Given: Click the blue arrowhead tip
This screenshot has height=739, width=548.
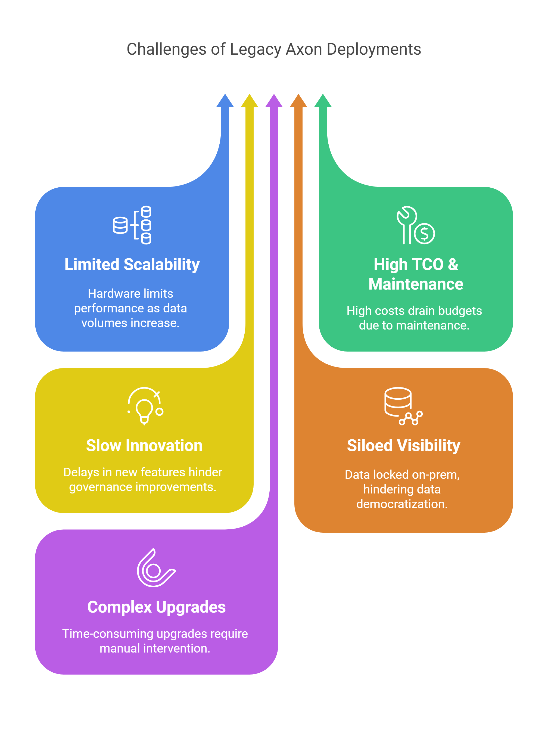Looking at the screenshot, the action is (225, 94).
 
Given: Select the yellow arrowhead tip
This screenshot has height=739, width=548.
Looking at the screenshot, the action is (250, 94).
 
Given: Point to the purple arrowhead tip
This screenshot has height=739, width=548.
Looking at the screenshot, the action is (274, 94).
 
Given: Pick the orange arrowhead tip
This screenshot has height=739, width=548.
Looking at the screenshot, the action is (298, 94).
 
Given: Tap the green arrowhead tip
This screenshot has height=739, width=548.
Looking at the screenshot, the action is (323, 94).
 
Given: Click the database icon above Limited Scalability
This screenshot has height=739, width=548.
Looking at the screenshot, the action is (132, 225).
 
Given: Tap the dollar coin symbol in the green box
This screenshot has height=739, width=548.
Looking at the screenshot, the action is (425, 234).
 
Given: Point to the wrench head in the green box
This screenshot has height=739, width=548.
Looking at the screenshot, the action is (407, 216).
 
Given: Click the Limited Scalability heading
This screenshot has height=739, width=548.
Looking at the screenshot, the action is (132, 265).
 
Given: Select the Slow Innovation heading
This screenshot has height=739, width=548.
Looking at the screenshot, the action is (144, 445).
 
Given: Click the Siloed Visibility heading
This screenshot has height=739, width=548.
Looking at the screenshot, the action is (404, 446).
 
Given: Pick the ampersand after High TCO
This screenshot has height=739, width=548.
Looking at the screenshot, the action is (453, 265).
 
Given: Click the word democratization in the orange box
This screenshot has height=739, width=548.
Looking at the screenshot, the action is (402, 504).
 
